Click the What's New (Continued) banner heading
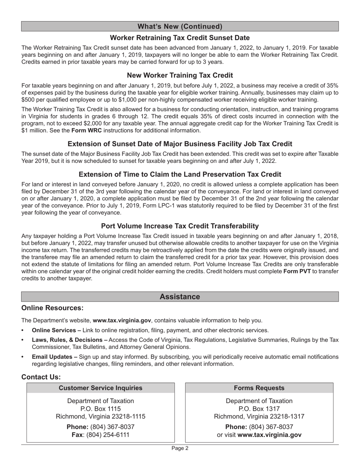pyautogui.click(x=180, y=27)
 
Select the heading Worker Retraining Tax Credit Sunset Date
pyautogui.click(x=180, y=38)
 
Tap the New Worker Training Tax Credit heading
pyautogui.click(x=180, y=75)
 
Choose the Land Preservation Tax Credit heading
pyautogui.click(x=180, y=174)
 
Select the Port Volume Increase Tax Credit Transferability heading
pyautogui.click(x=180, y=226)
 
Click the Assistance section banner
pyautogui.click(x=180, y=297)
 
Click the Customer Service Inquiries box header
pyautogui.click(x=100, y=388)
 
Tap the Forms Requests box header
pyautogui.click(x=259, y=388)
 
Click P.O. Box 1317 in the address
pyautogui.click(x=259, y=409)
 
